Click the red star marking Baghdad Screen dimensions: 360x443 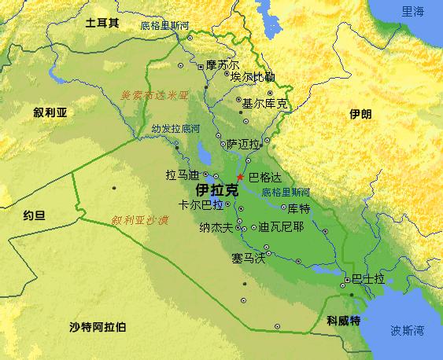click(x=239, y=177)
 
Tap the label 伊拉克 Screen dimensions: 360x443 click(x=216, y=190)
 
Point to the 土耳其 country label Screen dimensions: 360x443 click(x=102, y=24)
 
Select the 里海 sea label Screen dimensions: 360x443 click(x=413, y=11)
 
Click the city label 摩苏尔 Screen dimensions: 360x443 click(x=222, y=64)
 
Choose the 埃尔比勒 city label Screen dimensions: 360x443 click(x=253, y=77)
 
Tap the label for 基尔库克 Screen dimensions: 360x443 click(x=265, y=103)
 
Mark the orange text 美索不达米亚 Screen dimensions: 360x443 click(x=155, y=95)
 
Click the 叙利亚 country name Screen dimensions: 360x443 click(x=50, y=112)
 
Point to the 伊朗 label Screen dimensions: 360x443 click(x=360, y=115)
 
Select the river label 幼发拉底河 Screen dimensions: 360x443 click(x=170, y=127)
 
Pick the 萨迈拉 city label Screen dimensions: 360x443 click(x=242, y=145)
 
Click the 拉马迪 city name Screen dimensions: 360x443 click(x=182, y=174)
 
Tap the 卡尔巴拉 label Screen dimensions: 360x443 click(x=201, y=204)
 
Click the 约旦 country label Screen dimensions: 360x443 click(x=34, y=213)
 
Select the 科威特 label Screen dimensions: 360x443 click(x=343, y=321)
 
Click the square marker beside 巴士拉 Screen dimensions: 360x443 click(x=346, y=280)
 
